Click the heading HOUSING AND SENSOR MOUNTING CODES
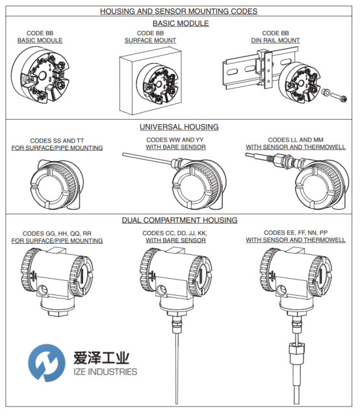pos(179,11)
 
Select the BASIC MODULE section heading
pos(181,23)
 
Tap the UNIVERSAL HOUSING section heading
pos(179,127)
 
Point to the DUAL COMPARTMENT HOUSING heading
pos(179,220)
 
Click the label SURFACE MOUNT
pos(150,40)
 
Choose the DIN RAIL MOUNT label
pos(276,40)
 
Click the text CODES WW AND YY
pos(175,140)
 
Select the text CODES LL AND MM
pos(296,140)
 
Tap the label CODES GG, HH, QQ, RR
pos(57,233)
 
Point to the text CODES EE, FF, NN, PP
pos(296,233)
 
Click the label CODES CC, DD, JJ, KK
pos(175,233)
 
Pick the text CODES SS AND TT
pos(57,140)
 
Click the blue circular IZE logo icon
pos(47,363)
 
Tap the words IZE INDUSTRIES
pos(105,372)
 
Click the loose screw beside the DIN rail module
pos(339,96)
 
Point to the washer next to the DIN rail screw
pos(326,92)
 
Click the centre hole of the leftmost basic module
pos(42,75)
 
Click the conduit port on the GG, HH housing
pos(42,289)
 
